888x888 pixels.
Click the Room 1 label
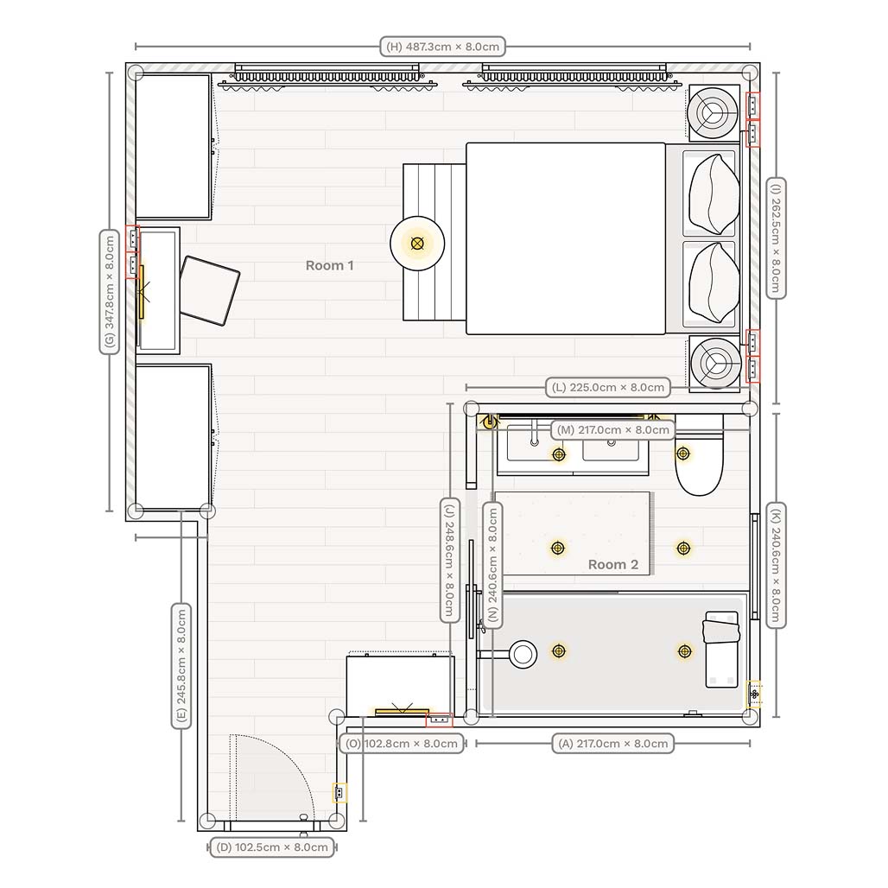(x=329, y=265)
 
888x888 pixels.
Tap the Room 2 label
(x=612, y=564)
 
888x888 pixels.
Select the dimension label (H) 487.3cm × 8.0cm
(x=442, y=47)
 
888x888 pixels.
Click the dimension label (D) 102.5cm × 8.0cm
(x=272, y=847)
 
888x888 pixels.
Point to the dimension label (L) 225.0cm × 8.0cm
(x=608, y=387)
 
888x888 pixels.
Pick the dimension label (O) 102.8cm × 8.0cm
(x=402, y=743)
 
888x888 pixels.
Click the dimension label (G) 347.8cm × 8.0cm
(x=109, y=291)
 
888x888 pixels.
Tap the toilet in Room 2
(x=698, y=467)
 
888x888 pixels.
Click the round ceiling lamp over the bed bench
(x=417, y=244)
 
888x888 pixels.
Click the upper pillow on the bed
(x=714, y=194)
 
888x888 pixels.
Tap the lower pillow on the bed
(x=714, y=282)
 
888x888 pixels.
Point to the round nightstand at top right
(x=714, y=111)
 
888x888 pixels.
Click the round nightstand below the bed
(x=714, y=362)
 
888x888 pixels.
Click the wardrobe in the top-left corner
(x=174, y=146)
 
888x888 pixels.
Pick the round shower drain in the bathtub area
(x=523, y=653)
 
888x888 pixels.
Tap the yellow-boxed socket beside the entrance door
(x=339, y=792)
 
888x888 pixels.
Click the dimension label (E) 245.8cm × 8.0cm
(x=181, y=666)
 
